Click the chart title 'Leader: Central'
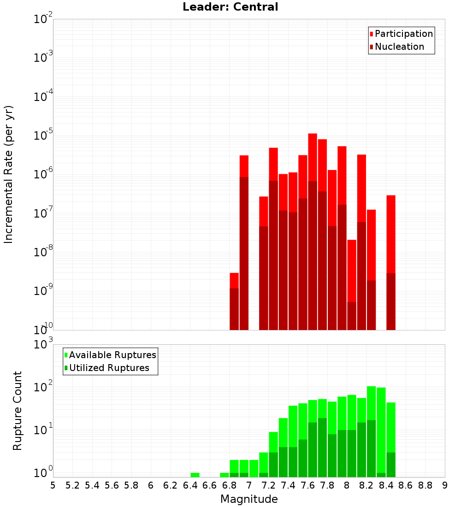coord(230,7)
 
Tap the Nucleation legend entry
coord(399,47)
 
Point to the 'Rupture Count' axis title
coord(18,410)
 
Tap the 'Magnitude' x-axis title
coord(249,499)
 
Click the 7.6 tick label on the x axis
coord(307,485)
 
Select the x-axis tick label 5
coord(53,485)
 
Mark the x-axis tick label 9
coord(445,485)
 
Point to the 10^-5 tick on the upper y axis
coord(43,135)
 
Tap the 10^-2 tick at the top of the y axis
coord(43,19)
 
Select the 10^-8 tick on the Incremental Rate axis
coord(43,252)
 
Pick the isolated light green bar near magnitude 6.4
coord(195,475)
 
